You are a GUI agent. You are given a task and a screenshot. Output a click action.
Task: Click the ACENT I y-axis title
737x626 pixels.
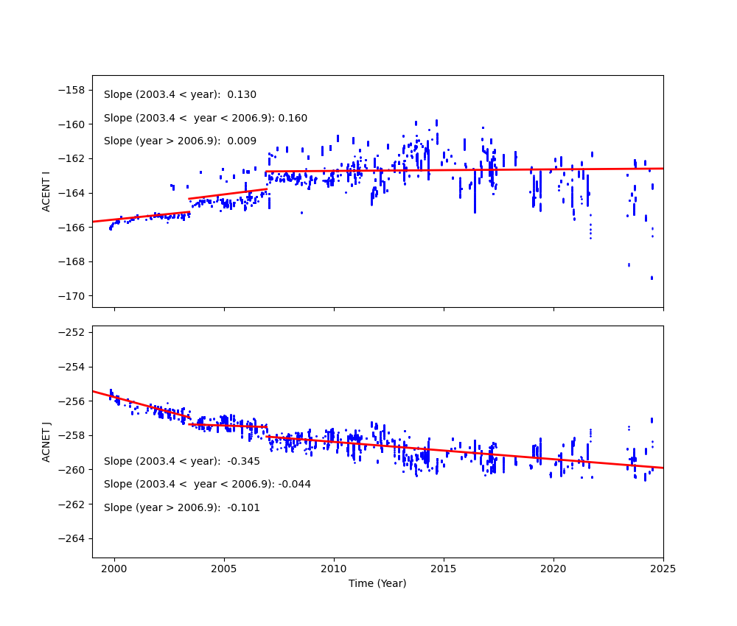pos(46,191)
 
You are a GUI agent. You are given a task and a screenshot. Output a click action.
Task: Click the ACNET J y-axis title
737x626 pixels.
pos(46,442)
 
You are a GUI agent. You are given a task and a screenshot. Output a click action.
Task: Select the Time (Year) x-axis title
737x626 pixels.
pos(377,583)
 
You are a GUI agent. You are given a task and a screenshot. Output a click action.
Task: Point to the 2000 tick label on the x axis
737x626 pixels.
pos(113,569)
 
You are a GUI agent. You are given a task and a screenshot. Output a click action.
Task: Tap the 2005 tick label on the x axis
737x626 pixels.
pos(223,569)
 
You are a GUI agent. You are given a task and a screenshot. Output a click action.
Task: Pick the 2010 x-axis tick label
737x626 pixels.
pos(333,569)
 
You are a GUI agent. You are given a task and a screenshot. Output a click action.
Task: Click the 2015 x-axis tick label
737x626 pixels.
pos(443,569)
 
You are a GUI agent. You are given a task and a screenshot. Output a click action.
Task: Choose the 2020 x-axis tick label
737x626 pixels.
pos(553,569)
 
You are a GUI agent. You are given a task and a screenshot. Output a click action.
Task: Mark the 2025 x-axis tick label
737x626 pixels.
pos(663,569)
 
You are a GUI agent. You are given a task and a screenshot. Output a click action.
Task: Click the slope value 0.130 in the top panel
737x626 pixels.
pos(242,95)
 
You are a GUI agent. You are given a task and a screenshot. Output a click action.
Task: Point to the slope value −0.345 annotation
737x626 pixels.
pos(244,462)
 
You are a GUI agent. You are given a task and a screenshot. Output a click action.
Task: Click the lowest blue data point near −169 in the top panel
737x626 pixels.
pos(652,278)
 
